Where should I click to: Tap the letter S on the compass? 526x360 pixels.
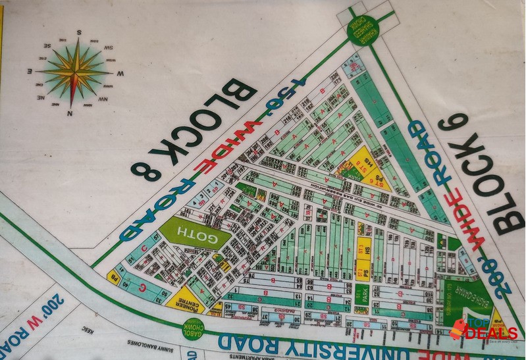tap(78, 31)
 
